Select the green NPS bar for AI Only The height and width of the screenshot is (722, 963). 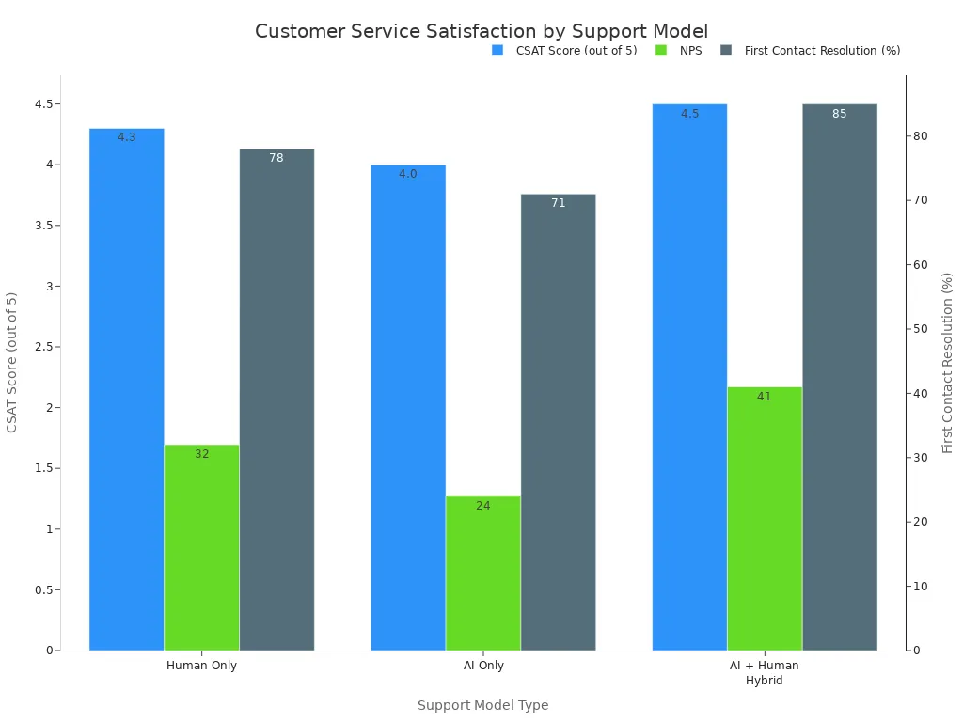pyautogui.click(x=482, y=573)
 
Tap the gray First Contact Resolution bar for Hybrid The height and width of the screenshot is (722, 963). pyautogui.click(x=839, y=376)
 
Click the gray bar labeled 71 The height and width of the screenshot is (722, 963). pyautogui.click(x=558, y=422)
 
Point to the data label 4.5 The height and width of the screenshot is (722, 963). pyautogui.click(x=689, y=114)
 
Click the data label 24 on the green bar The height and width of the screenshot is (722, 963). pyautogui.click(x=482, y=506)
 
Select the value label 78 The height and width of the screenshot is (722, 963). pyautogui.click(x=276, y=158)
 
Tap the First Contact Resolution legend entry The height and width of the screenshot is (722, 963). pyautogui.click(x=822, y=51)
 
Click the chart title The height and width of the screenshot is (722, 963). pyautogui.click(x=481, y=31)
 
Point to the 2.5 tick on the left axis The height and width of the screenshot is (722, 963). pyautogui.click(x=44, y=347)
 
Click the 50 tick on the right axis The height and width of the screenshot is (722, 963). pyautogui.click(x=921, y=329)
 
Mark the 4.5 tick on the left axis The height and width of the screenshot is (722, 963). pyautogui.click(x=44, y=103)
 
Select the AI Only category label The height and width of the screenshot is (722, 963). pyautogui.click(x=482, y=666)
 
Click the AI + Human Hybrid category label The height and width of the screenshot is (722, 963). pyautogui.click(x=764, y=672)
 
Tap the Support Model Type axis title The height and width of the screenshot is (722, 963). pyautogui.click(x=482, y=705)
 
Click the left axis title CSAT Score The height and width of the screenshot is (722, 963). pyautogui.click(x=12, y=362)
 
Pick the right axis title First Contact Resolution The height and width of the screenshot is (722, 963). pyautogui.click(x=948, y=362)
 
